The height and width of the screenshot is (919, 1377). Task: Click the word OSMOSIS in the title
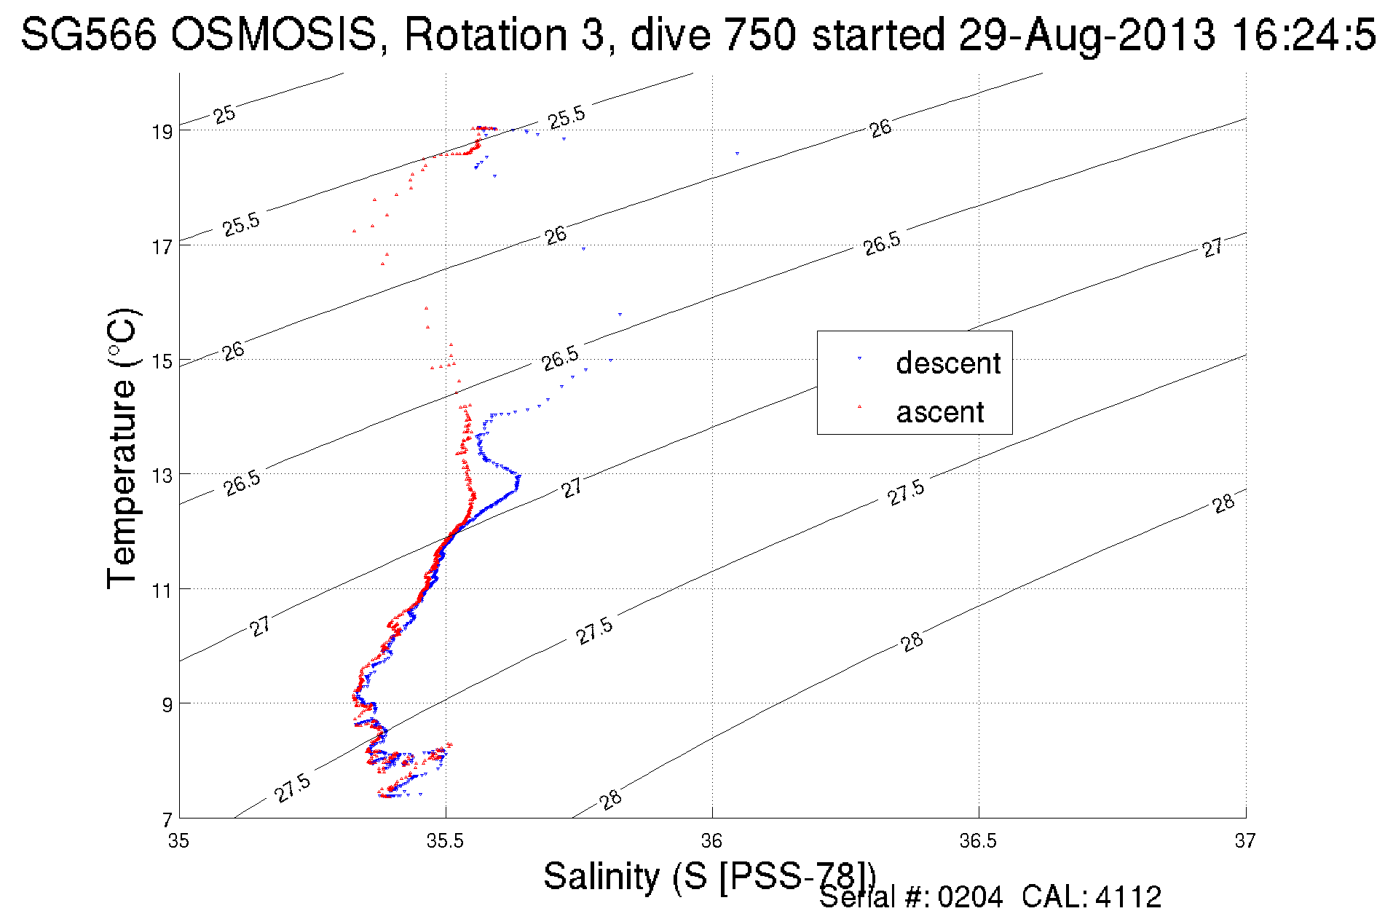(x=274, y=34)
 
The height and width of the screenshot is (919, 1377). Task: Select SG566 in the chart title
(x=89, y=34)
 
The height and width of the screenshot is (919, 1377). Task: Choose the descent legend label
(x=948, y=363)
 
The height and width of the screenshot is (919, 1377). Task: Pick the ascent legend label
(x=940, y=412)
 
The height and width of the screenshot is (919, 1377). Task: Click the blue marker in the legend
(x=859, y=359)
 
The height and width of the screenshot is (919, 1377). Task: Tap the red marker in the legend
(x=859, y=406)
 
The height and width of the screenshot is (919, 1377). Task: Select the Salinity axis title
(x=709, y=876)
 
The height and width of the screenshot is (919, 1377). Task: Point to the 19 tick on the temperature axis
(x=162, y=132)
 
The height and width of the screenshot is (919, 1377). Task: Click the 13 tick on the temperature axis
(x=162, y=476)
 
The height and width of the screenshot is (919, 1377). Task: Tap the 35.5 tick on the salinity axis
(x=445, y=841)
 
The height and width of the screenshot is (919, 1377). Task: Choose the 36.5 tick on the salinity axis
(x=978, y=841)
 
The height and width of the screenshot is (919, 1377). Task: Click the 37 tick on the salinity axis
(x=1244, y=841)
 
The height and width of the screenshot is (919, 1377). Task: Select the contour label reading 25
(x=224, y=114)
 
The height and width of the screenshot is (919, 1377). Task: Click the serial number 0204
(x=970, y=897)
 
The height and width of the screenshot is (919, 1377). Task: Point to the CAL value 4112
(x=1128, y=897)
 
